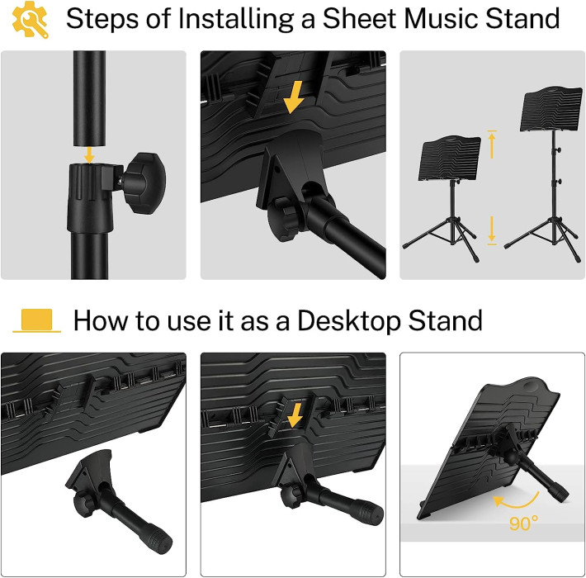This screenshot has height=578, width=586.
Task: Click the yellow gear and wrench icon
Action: (x=31, y=20)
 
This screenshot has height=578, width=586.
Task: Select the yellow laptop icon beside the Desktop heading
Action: (x=36, y=320)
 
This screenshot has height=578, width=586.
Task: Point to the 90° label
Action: (x=523, y=523)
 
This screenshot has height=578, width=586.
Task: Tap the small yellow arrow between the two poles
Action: (x=89, y=154)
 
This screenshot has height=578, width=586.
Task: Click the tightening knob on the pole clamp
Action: (x=147, y=182)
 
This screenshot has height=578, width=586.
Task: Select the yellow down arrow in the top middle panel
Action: (x=294, y=97)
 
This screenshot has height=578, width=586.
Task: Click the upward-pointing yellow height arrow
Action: (x=492, y=144)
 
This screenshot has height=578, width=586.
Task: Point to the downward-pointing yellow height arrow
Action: (x=492, y=230)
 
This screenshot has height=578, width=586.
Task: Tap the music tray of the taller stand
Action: (x=551, y=109)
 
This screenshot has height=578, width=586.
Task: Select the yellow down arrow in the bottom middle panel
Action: (x=295, y=415)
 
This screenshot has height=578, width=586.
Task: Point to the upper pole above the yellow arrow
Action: (x=89, y=99)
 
